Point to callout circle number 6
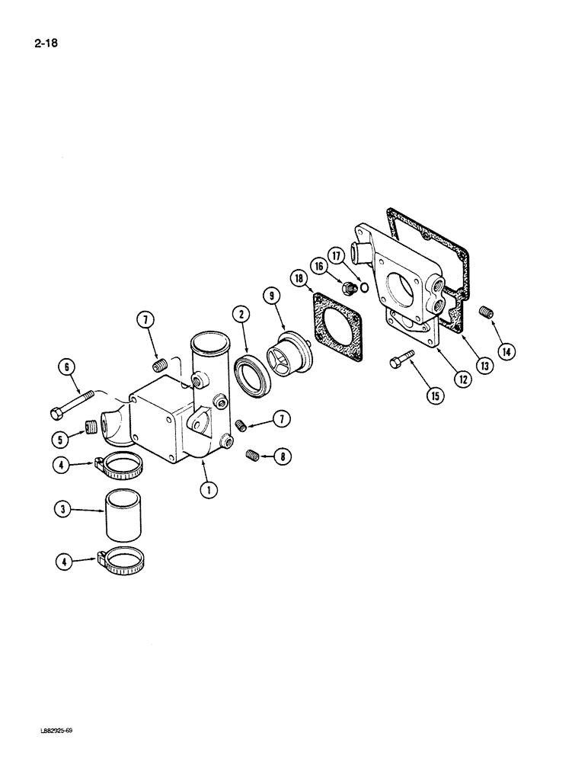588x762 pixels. coord(67,369)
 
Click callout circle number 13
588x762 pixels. coord(483,364)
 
